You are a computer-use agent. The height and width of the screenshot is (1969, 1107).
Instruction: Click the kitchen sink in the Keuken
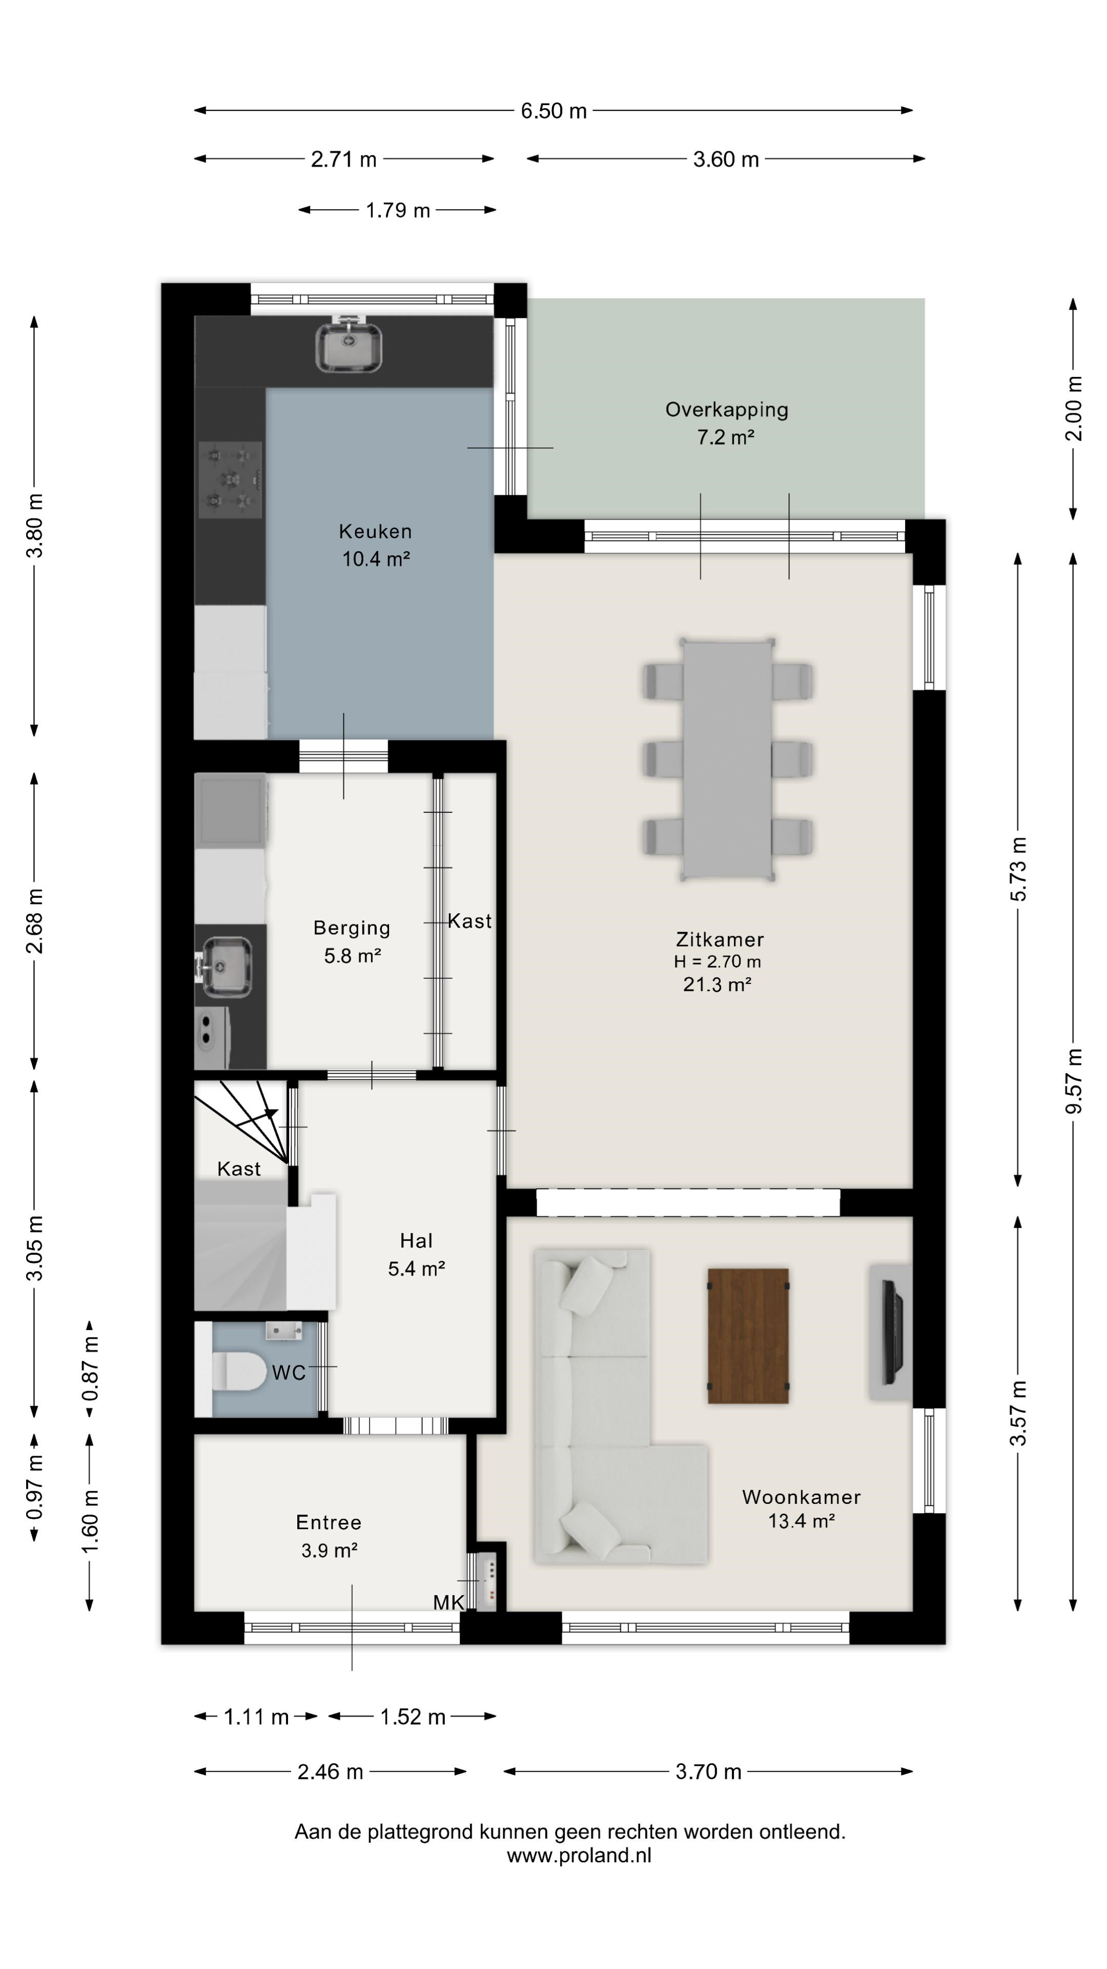click(x=349, y=346)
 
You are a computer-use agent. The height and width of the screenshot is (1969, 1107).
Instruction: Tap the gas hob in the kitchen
click(x=230, y=479)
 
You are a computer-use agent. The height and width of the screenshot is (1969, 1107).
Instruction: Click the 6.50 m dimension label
click(x=554, y=111)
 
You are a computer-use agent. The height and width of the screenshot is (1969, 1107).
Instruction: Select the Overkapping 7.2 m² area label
click(x=727, y=423)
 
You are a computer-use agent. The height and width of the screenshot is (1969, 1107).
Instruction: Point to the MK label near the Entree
click(x=448, y=1602)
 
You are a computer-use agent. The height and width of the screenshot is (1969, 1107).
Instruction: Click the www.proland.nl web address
click(x=579, y=1855)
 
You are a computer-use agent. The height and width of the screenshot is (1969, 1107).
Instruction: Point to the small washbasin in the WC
click(x=283, y=1331)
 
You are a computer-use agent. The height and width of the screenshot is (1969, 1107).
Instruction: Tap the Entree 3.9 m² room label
click(x=329, y=1536)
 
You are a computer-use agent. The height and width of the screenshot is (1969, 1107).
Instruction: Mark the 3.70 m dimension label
click(x=708, y=1772)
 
